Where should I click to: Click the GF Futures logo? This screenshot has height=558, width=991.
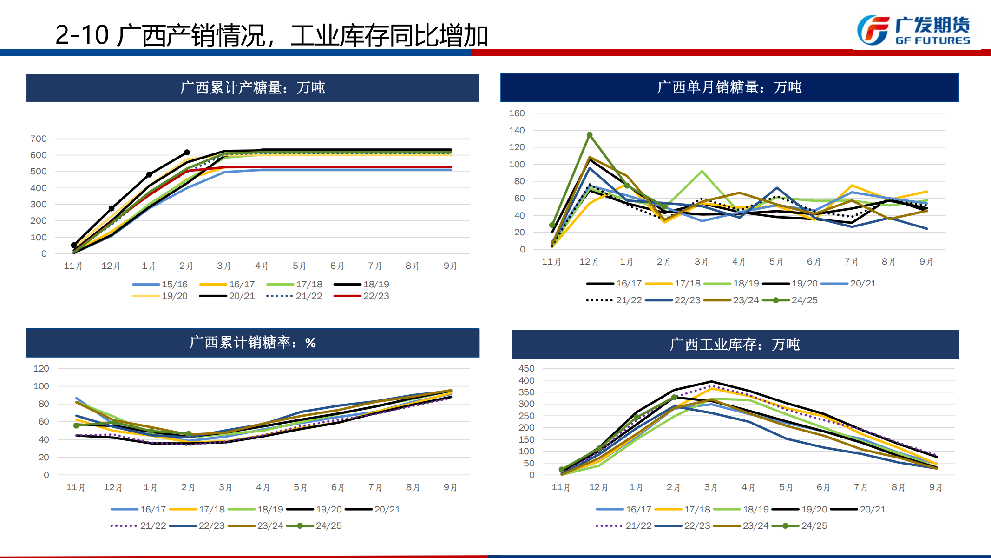[913, 31]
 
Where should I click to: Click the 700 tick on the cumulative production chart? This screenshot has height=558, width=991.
[39, 139]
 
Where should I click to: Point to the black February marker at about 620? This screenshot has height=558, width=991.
[187, 153]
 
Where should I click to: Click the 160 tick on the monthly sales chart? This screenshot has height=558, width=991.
[517, 113]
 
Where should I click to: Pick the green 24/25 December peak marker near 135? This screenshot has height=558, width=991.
[590, 135]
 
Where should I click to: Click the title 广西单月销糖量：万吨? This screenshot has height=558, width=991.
[729, 87]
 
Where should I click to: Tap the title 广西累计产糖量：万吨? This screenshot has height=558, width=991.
[252, 87]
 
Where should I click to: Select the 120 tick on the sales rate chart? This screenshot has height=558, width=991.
[41, 368]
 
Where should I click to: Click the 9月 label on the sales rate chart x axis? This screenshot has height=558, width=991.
[450, 487]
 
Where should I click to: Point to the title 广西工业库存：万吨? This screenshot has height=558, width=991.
[735, 345]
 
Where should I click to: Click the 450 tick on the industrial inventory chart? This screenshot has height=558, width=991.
[526, 368]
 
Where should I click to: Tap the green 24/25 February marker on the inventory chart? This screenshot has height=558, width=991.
[674, 398]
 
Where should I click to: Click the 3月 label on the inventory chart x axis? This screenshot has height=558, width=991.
[711, 487]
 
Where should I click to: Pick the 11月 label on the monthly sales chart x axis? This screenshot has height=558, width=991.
[551, 262]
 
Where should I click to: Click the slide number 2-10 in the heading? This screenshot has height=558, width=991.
[82, 35]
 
